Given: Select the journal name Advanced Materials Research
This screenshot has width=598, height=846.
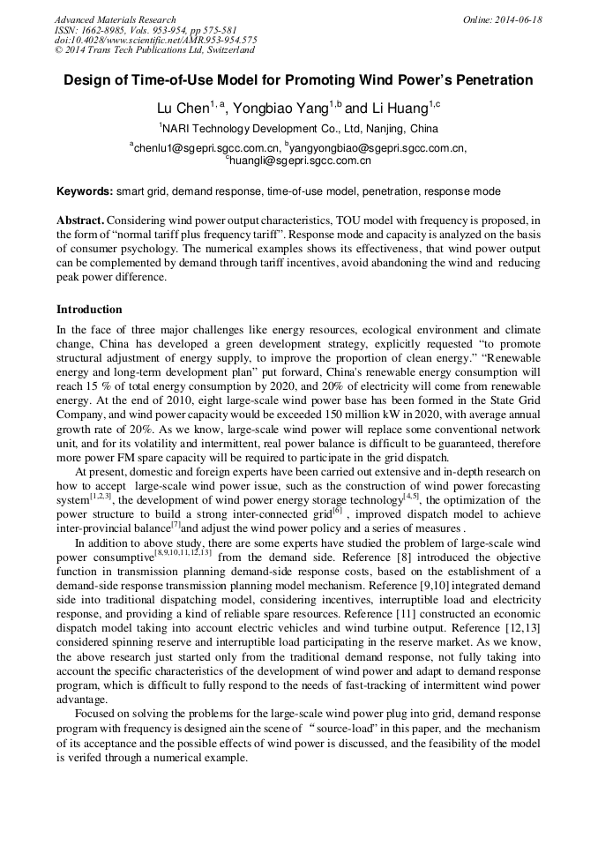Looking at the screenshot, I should pyautogui.click(x=115, y=19).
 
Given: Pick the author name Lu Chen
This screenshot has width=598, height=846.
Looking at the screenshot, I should pyautogui.click(x=181, y=109).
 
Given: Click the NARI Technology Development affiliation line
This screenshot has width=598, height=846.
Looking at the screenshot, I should pyautogui.click(x=298, y=129).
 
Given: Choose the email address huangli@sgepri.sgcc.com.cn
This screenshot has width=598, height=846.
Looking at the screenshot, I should pyautogui.click(x=300, y=161).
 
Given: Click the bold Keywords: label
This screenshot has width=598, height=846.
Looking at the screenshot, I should pyautogui.click(x=85, y=191).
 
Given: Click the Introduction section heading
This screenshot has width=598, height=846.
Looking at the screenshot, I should pyautogui.click(x=89, y=310).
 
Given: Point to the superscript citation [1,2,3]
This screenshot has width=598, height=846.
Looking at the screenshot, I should pyautogui.click(x=99, y=496).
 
